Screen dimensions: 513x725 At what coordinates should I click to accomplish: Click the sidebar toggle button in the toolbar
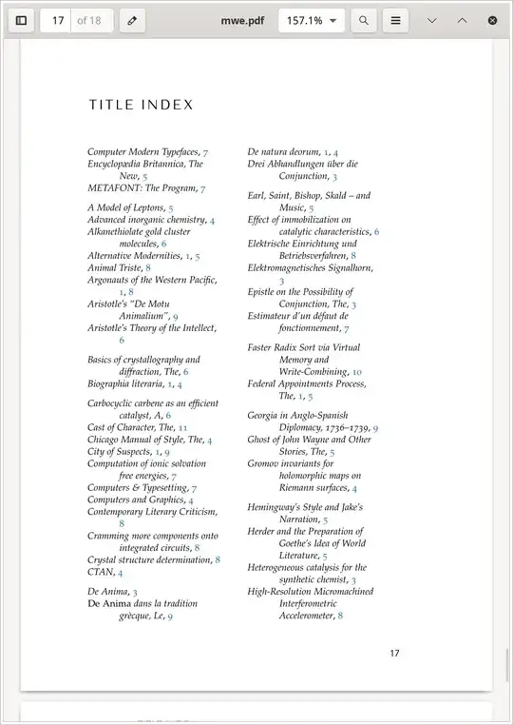coord(21,20)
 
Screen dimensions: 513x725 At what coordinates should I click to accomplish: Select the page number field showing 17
coord(57,20)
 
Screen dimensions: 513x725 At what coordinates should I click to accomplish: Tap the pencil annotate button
coord(132,20)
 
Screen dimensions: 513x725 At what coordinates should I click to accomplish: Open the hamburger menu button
coord(396,20)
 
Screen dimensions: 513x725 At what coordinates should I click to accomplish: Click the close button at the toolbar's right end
coord(492,20)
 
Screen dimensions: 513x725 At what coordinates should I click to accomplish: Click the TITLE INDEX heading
coord(142,105)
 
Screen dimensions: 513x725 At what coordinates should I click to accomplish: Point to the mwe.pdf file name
coord(242,20)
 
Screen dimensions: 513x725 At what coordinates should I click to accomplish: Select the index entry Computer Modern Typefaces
coord(142,152)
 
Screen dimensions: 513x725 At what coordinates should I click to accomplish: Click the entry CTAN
coord(101,572)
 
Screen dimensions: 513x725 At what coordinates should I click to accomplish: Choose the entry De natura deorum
coord(284,152)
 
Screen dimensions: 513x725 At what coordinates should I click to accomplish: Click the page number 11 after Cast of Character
coord(182,428)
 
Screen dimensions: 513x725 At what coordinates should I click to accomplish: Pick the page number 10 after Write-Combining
coord(357,372)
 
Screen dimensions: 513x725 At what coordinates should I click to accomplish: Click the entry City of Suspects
coord(120,452)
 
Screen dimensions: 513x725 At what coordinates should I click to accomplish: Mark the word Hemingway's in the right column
coord(277,508)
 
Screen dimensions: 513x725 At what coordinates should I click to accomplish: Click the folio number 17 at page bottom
coord(394,653)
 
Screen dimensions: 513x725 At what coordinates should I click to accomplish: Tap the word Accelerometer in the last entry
coord(307,616)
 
